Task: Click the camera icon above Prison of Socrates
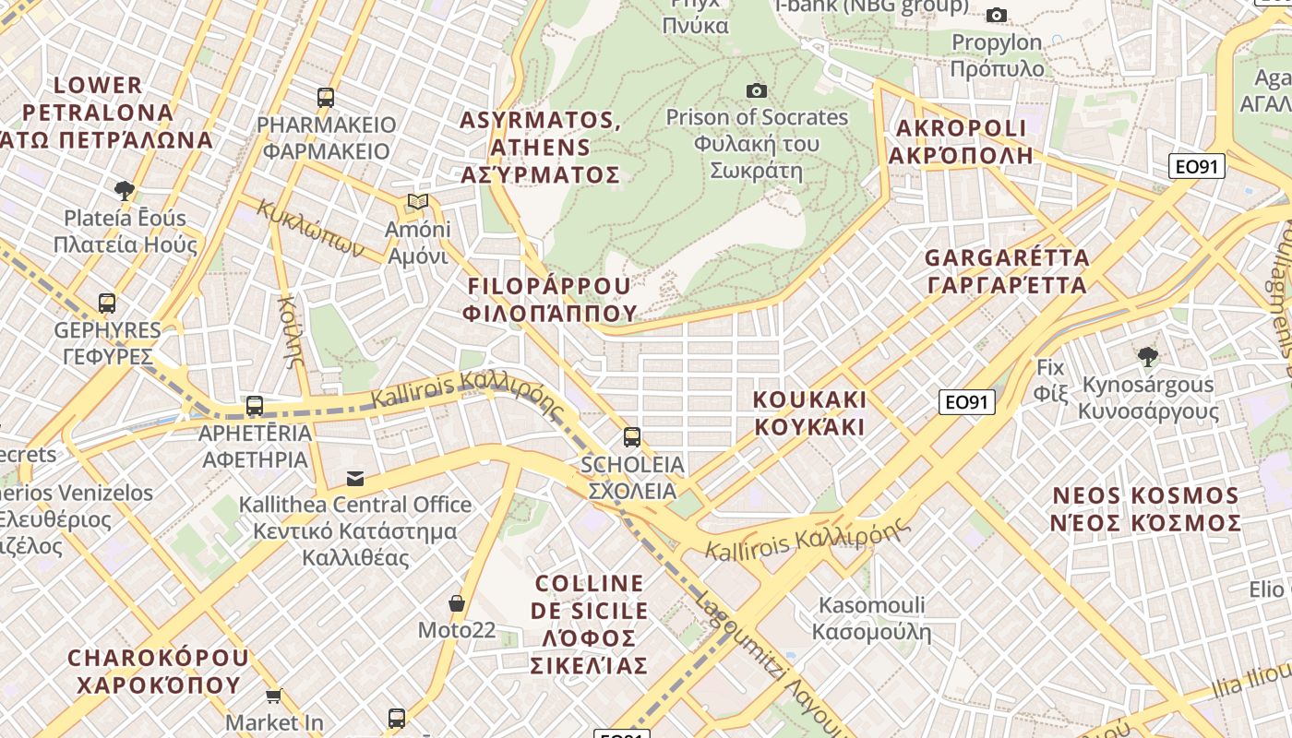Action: pyautogui.click(x=757, y=90)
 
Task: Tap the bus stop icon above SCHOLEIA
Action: pyautogui.click(x=632, y=436)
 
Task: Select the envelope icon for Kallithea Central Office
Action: pyautogui.click(x=355, y=478)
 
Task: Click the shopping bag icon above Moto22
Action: pyautogui.click(x=456, y=604)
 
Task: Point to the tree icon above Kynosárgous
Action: pyautogui.click(x=1148, y=357)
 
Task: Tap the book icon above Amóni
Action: pyautogui.click(x=418, y=202)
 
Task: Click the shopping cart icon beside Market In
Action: pyautogui.click(x=273, y=696)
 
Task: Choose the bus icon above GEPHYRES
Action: pyautogui.click(x=107, y=303)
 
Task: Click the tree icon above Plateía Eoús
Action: pyautogui.click(x=125, y=191)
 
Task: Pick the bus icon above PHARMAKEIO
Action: pyautogui.click(x=326, y=97)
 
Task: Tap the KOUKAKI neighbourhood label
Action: pyautogui.click(x=810, y=413)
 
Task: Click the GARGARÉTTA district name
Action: pyautogui.click(x=1007, y=271)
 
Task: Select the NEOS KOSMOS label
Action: pyautogui.click(x=1146, y=509)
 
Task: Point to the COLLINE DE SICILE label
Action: pyautogui.click(x=590, y=624)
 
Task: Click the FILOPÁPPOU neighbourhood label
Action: pyautogui.click(x=550, y=299)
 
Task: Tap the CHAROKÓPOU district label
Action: pyautogui.click(x=158, y=672)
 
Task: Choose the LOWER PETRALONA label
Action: pyautogui.click(x=102, y=113)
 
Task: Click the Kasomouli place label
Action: pyautogui.click(x=872, y=619)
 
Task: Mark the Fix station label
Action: pyautogui.click(x=1050, y=380)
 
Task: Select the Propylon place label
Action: pyautogui.click(x=998, y=55)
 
